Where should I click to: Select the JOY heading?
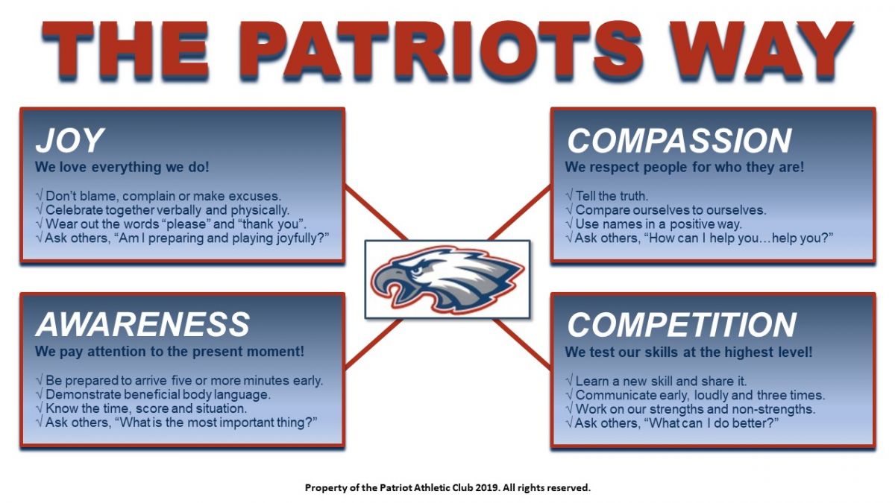coord(70,140)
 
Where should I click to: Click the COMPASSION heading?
coord(679,141)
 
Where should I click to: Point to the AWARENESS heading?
coord(142,324)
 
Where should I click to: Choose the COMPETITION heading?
coord(682,325)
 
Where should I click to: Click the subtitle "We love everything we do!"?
coord(122,167)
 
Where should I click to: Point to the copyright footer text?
coord(447,487)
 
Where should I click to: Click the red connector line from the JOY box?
coord(376,213)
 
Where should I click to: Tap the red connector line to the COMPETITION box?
coord(523,344)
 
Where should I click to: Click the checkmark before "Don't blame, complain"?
coord(39,195)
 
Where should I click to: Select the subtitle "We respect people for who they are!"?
coord(685,167)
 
